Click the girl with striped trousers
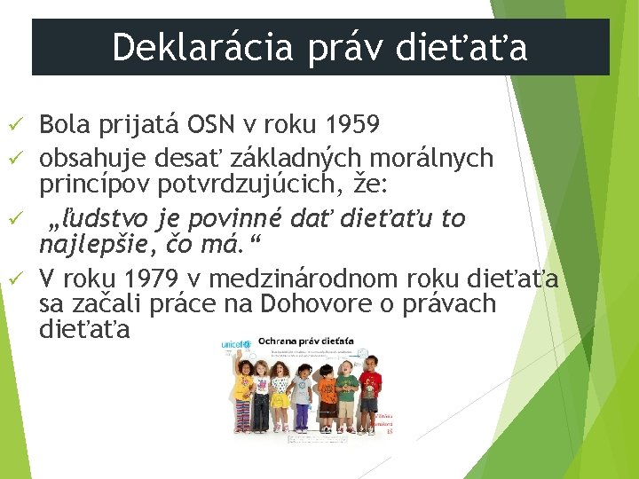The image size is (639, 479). coord(241,399)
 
